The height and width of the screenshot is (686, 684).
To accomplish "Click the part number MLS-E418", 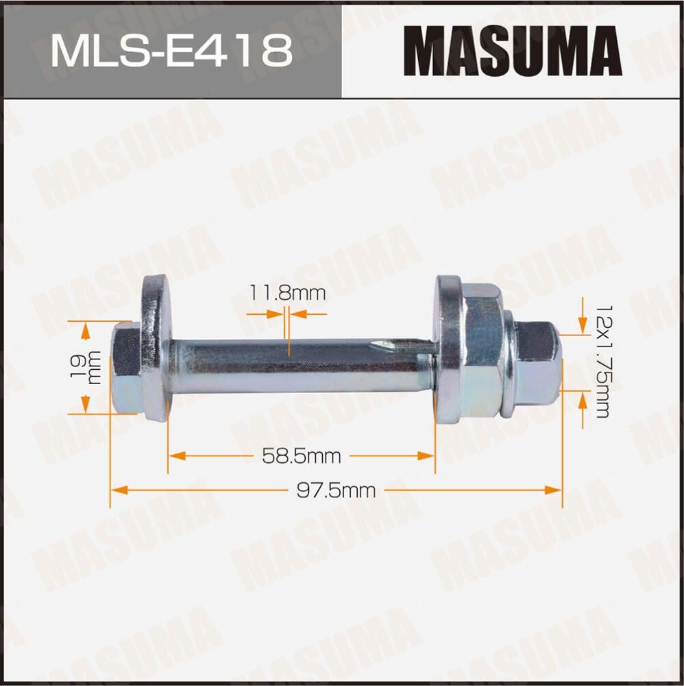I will (x=171, y=51).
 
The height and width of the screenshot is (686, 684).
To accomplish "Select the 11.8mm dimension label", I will (x=287, y=294).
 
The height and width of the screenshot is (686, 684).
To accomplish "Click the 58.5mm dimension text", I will (x=302, y=456).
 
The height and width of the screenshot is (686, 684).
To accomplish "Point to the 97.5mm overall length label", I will (x=336, y=490).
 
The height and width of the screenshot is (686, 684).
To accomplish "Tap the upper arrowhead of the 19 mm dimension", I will (x=85, y=330).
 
